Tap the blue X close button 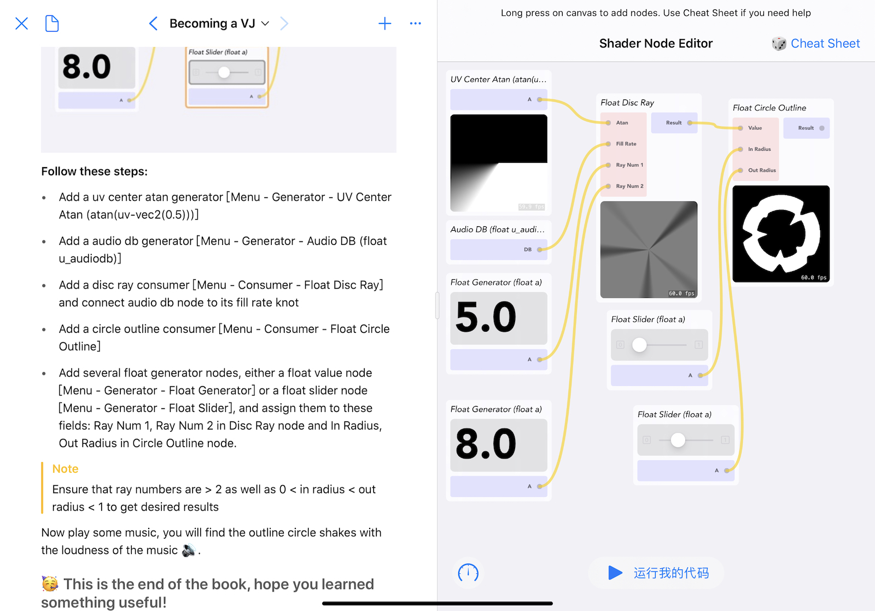21,23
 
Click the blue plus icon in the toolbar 385,23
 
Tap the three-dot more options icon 415,23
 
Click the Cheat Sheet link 825,43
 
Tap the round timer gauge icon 468,573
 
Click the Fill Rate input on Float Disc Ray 626,144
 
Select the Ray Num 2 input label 629,186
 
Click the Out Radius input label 762,170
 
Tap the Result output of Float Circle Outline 806,128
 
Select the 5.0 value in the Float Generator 486,317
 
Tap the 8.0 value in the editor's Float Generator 486,444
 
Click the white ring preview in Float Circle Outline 781,234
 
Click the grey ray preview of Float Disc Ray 649,249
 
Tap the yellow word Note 65,468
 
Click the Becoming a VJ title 212,23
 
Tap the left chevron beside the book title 153,23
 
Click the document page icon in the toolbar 52,23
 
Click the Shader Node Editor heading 656,43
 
